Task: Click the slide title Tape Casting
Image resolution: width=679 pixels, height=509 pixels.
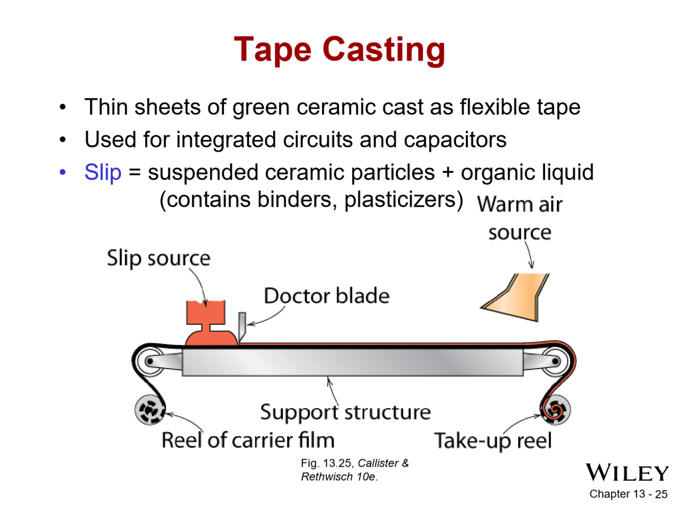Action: click(339, 50)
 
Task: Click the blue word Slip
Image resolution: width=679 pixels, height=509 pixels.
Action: click(103, 172)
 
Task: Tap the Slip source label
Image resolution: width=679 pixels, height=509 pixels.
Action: click(158, 258)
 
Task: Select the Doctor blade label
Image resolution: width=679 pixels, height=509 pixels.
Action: click(326, 295)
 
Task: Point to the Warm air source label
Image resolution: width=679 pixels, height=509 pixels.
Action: click(520, 218)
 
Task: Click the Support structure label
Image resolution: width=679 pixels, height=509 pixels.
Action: click(345, 412)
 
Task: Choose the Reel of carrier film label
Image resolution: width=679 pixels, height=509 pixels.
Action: click(248, 440)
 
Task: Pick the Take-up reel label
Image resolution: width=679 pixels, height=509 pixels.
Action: click(493, 440)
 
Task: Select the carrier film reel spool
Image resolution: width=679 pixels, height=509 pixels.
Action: click(150, 409)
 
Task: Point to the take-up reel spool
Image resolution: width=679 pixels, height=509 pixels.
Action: click(555, 409)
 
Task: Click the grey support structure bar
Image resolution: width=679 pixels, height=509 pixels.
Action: click(352, 362)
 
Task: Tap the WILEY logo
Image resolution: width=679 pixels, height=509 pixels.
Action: click(627, 473)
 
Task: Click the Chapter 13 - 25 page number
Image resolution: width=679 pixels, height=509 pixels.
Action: click(628, 494)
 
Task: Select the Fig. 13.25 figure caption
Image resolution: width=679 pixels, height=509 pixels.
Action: click(354, 470)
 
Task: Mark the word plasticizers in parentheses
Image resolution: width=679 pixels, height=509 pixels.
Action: click(403, 199)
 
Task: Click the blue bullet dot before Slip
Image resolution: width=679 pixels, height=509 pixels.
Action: click(63, 172)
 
